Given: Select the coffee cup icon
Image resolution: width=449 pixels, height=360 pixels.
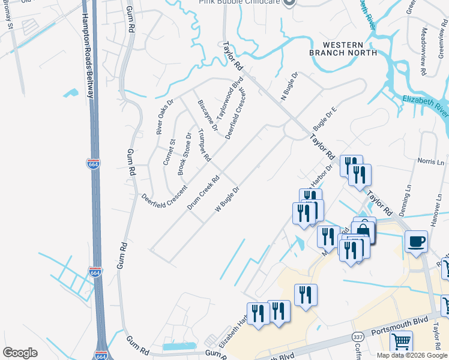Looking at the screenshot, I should point(417,242).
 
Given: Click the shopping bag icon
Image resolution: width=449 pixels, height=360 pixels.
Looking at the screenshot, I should point(364,229).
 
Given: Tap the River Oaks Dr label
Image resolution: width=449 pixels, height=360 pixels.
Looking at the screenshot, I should point(164,116).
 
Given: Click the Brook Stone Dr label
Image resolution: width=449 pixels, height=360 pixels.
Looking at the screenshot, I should point(184,154).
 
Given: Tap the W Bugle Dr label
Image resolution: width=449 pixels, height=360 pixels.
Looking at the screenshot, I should point(227,199).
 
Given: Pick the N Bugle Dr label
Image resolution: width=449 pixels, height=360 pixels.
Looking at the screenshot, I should point(289,89).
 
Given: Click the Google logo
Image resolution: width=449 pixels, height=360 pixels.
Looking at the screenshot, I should point(20,352).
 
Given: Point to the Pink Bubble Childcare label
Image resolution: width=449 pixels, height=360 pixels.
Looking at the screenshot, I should point(240,2).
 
